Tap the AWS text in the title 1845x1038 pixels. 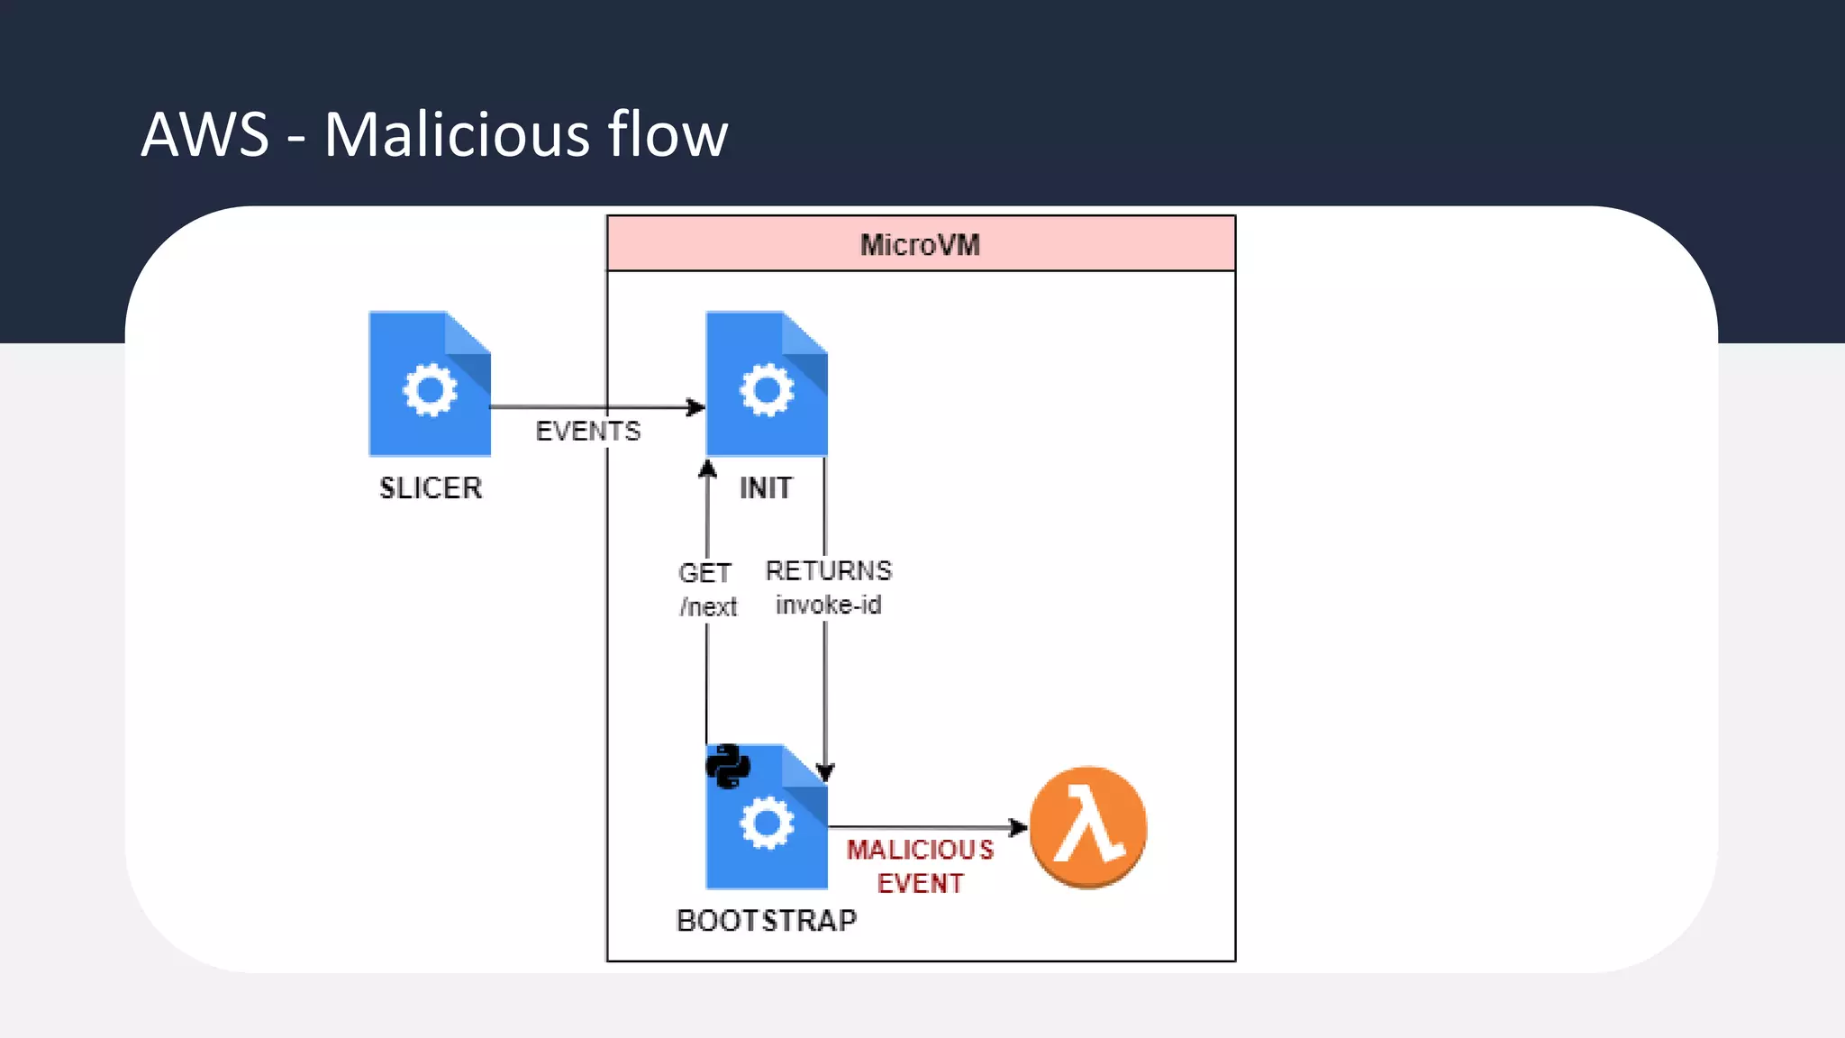pyautogui.click(x=205, y=135)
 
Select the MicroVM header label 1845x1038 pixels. pyautogui.click(x=920, y=245)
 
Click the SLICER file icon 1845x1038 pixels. pyautogui.click(x=430, y=384)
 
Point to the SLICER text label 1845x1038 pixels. pyautogui.click(x=431, y=488)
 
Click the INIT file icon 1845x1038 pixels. pyautogui.click(x=767, y=384)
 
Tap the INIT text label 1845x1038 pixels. pyautogui.click(x=766, y=488)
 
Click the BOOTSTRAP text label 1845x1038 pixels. pyautogui.click(x=767, y=921)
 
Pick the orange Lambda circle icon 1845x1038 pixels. pyautogui.click(x=1088, y=827)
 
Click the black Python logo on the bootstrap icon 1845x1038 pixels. pyautogui.click(x=728, y=767)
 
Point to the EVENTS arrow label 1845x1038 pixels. pyautogui.click(x=588, y=432)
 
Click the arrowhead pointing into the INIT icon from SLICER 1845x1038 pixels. pyautogui.click(x=696, y=407)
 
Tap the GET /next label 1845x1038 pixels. pyautogui.click(x=707, y=589)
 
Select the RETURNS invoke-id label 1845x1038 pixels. pyautogui.click(x=828, y=587)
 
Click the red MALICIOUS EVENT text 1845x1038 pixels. pyautogui.click(x=920, y=866)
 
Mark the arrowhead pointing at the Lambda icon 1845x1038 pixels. pyautogui.click(x=1018, y=827)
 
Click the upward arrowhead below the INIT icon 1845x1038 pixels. pyautogui.click(x=708, y=469)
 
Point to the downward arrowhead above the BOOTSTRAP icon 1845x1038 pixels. pyautogui.click(x=825, y=772)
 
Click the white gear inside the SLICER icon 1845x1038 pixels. pyautogui.click(x=430, y=390)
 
